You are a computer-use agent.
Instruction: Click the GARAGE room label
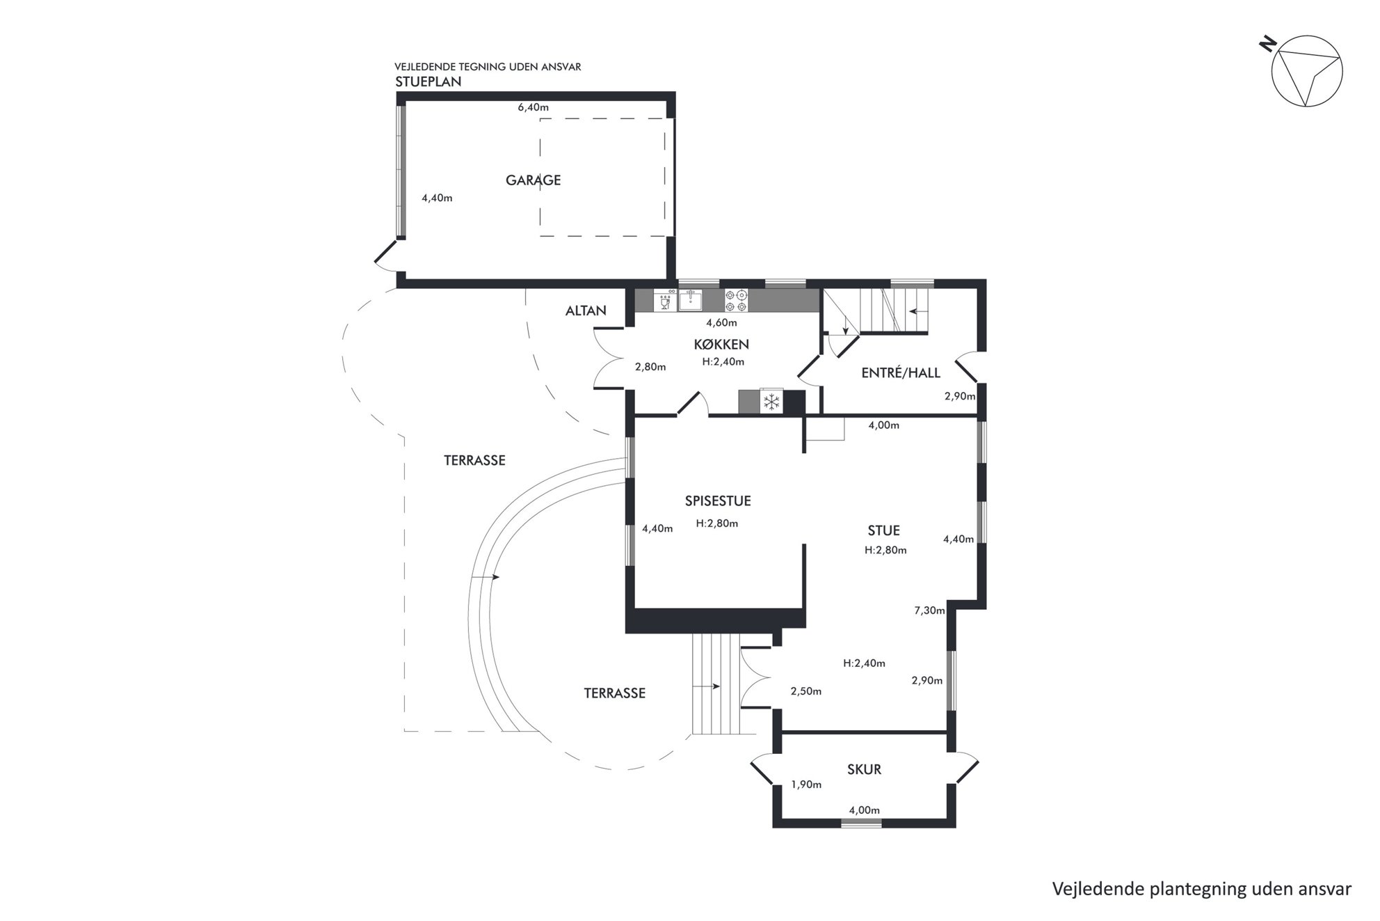pos(533,180)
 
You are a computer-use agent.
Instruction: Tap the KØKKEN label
pos(721,345)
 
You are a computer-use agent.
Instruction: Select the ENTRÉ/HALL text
pos(901,373)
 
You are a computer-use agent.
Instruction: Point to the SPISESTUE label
pos(718,501)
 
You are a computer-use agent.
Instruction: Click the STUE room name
pos(884,530)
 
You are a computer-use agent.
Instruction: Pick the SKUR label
pos(864,769)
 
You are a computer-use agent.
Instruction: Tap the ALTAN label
pos(586,311)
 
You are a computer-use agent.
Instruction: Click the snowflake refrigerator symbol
pos(771,402)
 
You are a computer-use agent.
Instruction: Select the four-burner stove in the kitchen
pos(737,300)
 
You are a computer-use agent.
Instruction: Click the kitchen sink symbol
pos(690,300)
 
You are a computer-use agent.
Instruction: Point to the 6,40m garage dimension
pos(533,107)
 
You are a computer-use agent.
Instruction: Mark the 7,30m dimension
pos(929,611)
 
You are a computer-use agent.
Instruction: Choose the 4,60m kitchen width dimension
pos(721,323)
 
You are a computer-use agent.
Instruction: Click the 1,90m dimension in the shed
pos(806,785)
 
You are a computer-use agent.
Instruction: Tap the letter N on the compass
pos(1268,44)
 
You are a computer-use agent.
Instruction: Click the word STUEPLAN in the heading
pos(428,81)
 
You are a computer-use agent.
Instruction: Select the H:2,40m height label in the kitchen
pos(723,362)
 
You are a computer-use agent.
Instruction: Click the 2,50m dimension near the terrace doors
pos(806,692)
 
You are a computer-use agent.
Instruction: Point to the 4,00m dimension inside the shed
pos(864,810)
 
